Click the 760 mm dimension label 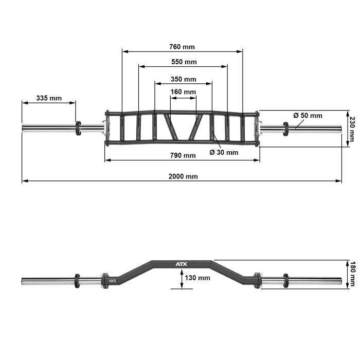pyautogui.click(x=182, y=47)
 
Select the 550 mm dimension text pyautogui.click(x=184, y=62)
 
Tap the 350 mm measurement pyautogui.click(x=183, y=79)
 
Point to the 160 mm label pyautogui.click(x=183, y=92)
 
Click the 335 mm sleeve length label pyautogui.click(x=49, y=98)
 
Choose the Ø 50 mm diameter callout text pyautogui.click(x=308, y=115)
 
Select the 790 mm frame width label pyautogui.click(x=183, y=155)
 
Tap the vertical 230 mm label pyautogui.click(x=352, y=129)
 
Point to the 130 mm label pyautogui.click(x=197, y=278)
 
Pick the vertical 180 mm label pyautogui.click(x=352, y=274)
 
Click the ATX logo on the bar pyautogui.click(x=182, y=264)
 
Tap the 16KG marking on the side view pyautogui.click(x=112, y=281)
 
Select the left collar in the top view pyautogui.click(x=78, y=128)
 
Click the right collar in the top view pyautogui.click(x=285, y=128)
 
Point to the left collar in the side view pyautogui.click(x=77, y=281)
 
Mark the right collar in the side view pyautogui.click(x=285, y=281)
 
